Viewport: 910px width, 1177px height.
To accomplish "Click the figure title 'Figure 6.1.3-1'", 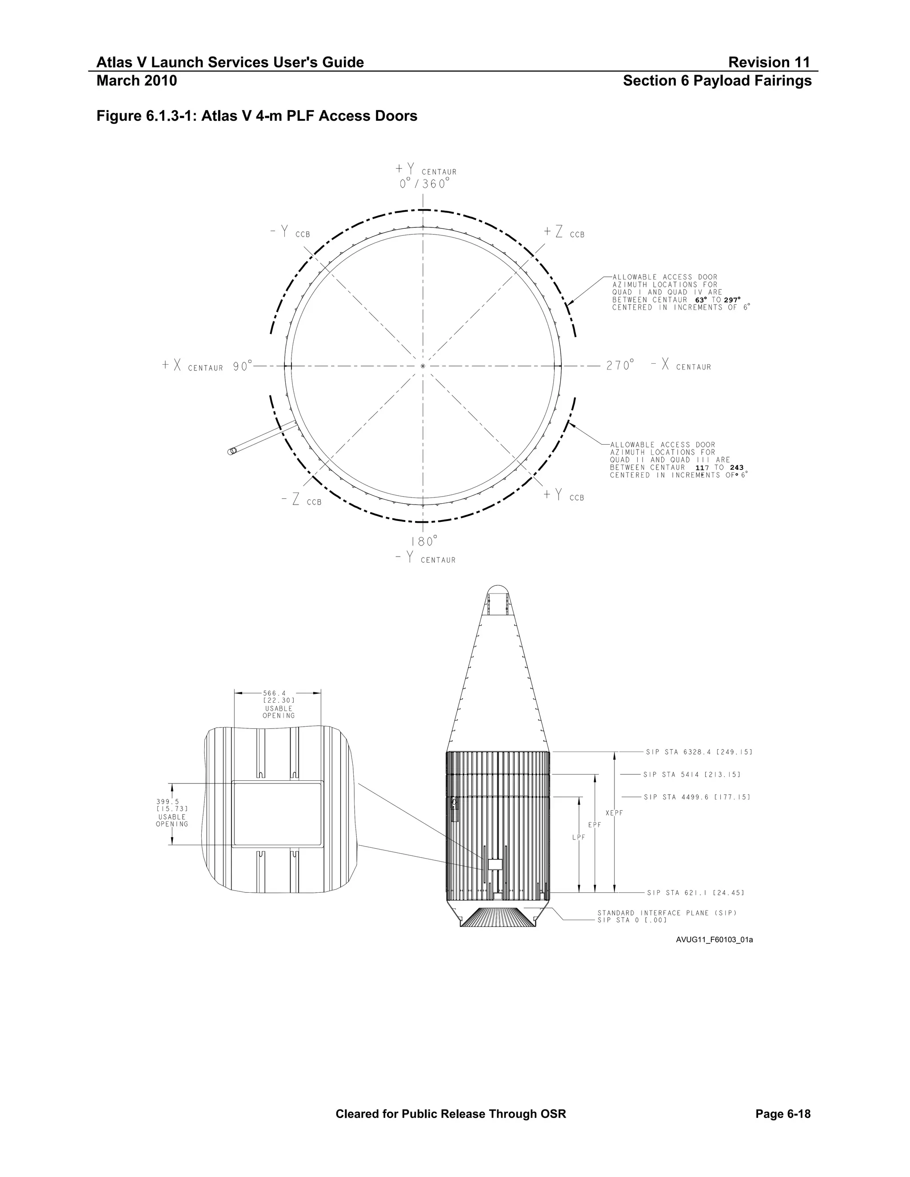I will pos(144,116).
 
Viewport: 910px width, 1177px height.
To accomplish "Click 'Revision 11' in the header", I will pos(768,63).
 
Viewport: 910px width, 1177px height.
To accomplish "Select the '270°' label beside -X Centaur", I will pos(619,366).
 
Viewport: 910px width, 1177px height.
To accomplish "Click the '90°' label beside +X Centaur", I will pos(242,366).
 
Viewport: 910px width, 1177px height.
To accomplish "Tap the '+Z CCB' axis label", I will pos(563,232).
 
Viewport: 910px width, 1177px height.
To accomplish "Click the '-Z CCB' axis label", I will pos(301,500).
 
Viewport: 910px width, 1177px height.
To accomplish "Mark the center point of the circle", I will pos(423,366).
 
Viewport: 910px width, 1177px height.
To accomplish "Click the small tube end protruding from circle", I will pos(232,452).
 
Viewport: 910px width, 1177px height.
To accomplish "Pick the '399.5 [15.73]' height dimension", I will pos(172,805).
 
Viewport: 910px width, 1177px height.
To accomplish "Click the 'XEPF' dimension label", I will pos(614,813).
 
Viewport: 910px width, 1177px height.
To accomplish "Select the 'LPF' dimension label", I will pos(579,838).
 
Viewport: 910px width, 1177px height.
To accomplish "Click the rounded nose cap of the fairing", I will pos(498,590).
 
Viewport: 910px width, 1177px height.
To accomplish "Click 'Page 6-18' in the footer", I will pos(783,1114).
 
